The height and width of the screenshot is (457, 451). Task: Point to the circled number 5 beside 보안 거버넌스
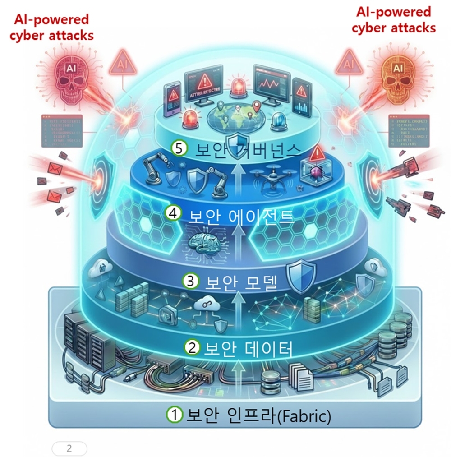pos(180,148)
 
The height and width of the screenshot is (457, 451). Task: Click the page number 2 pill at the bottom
pos(69,448)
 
